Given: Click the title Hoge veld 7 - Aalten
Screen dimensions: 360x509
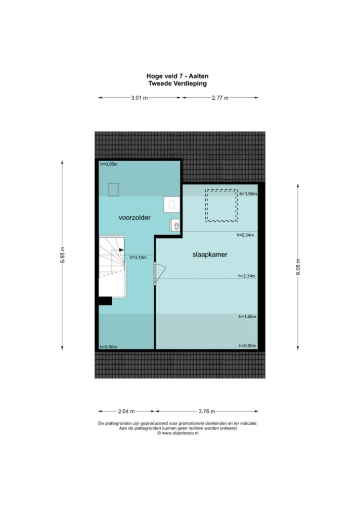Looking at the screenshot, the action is tap(178, 76).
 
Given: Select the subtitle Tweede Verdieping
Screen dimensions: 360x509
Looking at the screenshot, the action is tap(178, 84).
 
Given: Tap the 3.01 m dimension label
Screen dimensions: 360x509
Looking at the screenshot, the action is tap(139, 98).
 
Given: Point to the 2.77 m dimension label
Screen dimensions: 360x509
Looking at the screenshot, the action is tap(220, 98).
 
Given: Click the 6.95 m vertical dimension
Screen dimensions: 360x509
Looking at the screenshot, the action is tap(62, 255).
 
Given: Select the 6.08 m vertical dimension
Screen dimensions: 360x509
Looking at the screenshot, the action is tap(298, 266).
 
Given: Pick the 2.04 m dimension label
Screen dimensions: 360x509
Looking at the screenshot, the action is tap(127, 411).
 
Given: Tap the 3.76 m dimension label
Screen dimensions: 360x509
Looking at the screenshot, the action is tap(207, 411).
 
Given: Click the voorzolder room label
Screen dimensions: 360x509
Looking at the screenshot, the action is tap(135, 217).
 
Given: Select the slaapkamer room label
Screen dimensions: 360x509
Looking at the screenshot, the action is tap(210, 254).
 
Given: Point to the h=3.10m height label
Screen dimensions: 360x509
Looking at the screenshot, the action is tap(138, 258).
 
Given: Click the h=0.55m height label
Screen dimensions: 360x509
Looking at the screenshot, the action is tap(109, 164).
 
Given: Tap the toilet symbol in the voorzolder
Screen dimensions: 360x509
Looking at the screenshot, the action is tap(175, 225).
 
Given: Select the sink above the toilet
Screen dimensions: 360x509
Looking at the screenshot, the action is tap(172, 205).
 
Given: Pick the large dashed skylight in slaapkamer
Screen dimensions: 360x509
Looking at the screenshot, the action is tap(221, 206).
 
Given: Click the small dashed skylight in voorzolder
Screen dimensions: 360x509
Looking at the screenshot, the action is tap(113, 190).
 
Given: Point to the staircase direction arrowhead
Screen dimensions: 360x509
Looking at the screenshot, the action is tap(121, 250).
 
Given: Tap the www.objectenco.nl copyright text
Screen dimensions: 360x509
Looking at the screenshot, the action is tap(178, 433).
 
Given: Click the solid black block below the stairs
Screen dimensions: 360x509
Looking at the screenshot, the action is tap(105, 301).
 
